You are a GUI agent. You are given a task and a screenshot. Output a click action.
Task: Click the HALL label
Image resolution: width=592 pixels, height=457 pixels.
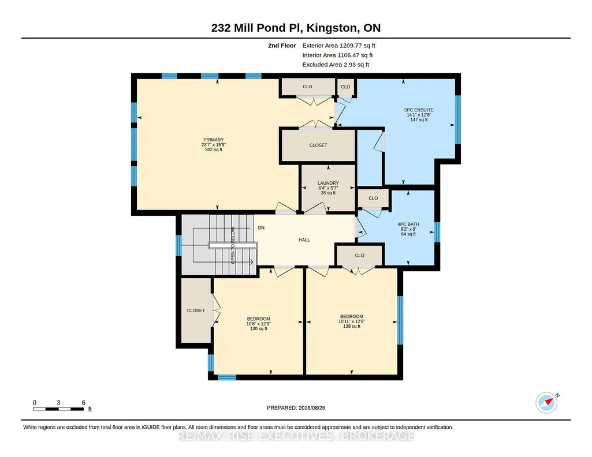[304, 240]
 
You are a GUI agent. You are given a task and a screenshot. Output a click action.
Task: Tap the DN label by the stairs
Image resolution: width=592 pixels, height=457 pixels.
[261, 228]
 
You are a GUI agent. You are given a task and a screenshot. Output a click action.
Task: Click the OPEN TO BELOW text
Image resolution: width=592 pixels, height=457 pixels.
[233, 245]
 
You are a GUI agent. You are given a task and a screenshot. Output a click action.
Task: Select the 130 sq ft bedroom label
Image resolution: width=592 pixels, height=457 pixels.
[259, 324]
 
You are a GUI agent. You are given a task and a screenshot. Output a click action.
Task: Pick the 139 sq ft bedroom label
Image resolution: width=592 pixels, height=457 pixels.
[352, 321]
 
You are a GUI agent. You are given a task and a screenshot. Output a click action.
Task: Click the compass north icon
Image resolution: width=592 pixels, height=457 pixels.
[547, 403]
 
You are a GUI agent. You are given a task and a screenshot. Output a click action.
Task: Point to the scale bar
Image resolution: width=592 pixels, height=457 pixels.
[58, 409]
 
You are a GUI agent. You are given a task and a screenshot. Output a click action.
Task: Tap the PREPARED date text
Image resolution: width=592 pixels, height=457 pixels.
[296, 407]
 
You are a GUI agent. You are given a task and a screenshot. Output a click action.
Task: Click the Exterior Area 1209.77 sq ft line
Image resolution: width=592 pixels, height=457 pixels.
[338, 46]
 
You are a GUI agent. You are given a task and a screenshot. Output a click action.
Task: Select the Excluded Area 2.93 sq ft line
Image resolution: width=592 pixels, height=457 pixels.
[336, 65]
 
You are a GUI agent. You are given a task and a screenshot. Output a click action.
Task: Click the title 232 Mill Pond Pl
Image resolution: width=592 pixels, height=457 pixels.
[256, 28]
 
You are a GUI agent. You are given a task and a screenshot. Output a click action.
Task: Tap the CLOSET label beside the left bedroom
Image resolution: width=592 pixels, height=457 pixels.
[196, 310]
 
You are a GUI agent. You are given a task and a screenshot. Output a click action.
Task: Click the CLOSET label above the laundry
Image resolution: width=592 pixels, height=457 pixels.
[318, 145]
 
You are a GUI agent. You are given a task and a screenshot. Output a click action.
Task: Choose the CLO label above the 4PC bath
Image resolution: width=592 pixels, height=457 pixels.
[374, 198]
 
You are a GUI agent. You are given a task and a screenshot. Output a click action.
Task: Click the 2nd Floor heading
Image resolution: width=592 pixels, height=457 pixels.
[282, 46]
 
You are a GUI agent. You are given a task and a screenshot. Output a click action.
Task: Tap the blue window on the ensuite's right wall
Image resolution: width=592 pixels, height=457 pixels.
[458, 119]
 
